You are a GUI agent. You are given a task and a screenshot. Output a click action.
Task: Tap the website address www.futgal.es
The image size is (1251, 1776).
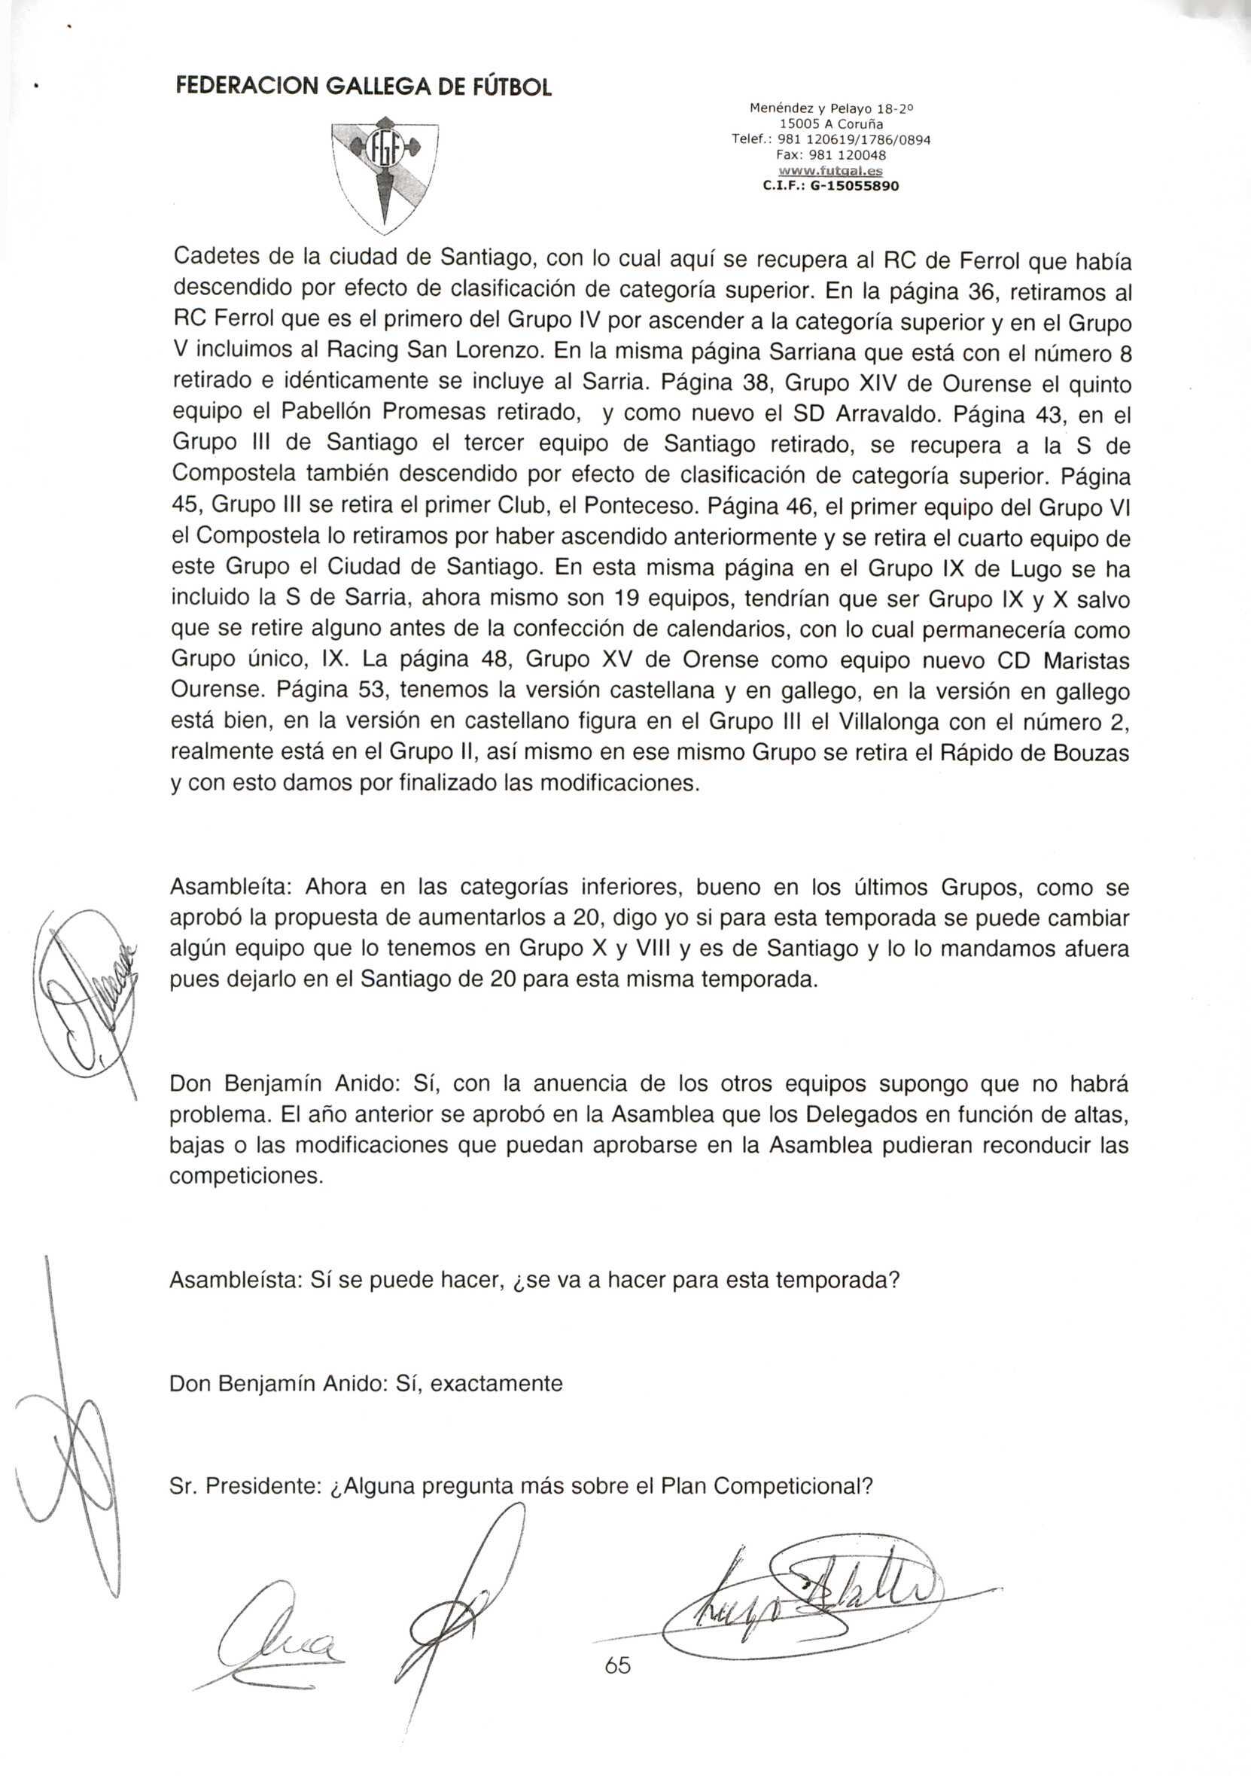click(830, 171)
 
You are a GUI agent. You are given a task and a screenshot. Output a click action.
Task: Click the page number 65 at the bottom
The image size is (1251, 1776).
click(618, 1665)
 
